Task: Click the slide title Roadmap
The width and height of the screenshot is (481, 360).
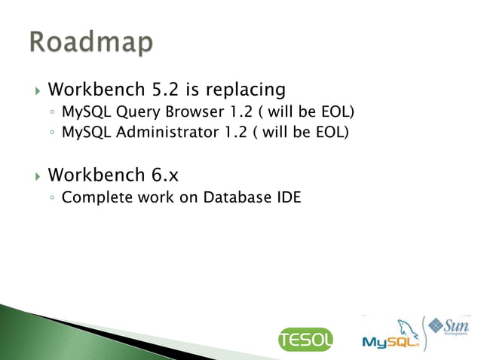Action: tap(92, 43)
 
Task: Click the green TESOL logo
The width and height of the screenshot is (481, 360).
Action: tap(305, 340)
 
